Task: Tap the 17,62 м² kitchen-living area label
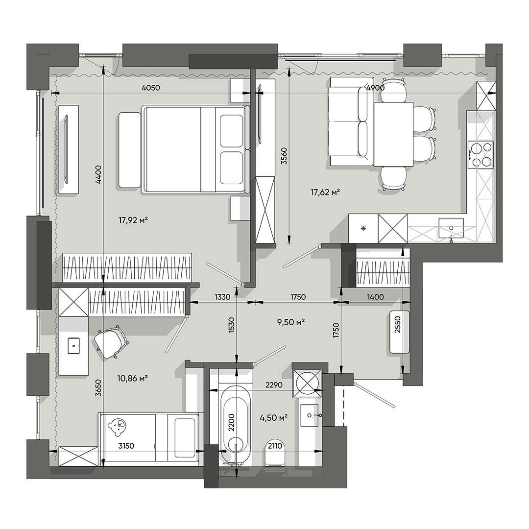pyautogui.click(x=325, y=192)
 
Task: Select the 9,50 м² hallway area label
pyautogui.click(x=291, y=322)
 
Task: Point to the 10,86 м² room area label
pyautogui.click(x=133, y=378)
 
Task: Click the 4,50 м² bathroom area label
pyautogui.click(x=273, y=417)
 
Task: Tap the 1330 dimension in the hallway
pyautogui.click(x=223, y=297)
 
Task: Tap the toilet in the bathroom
pyautogui.click(x=276, y=454)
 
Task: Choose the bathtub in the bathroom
pyautogui.click(x=237, y=424)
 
